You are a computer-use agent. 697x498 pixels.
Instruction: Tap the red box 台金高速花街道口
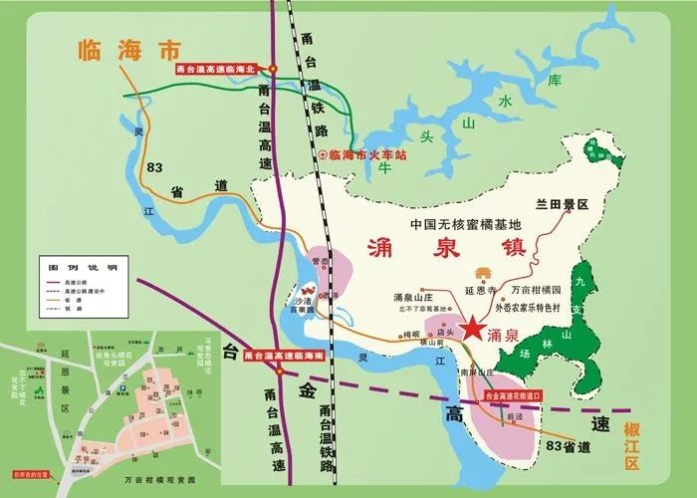tap(515, 395)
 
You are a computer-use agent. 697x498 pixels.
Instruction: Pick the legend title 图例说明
tap(76, 269)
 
